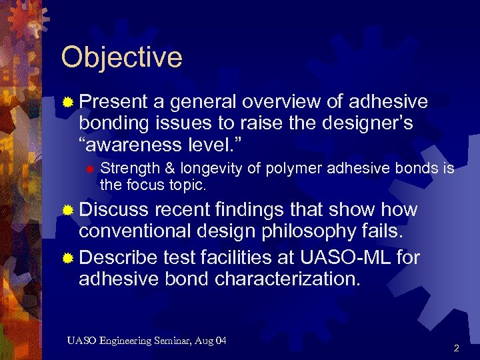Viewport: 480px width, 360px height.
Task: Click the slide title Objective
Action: coord(121,57)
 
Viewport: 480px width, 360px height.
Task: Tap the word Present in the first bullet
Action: coord(113,102)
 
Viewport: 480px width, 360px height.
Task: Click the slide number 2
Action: coord(457,348)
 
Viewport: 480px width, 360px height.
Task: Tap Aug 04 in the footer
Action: coord(213,341)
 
